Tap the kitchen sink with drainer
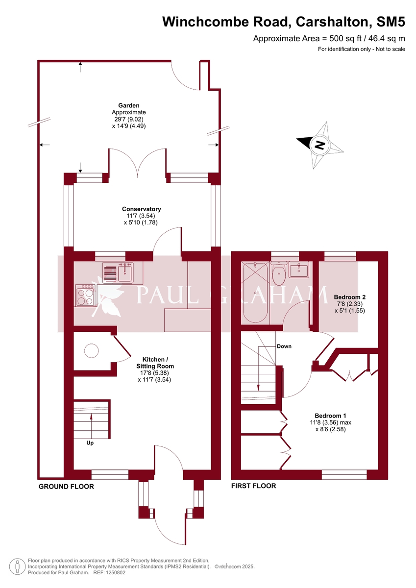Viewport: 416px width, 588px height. click(118, 272)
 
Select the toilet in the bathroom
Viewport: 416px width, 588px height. click(279, 275)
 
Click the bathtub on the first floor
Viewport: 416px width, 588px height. click(255, 293)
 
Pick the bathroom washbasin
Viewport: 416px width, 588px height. click(298, 269)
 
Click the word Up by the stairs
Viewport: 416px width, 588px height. click(90, 442)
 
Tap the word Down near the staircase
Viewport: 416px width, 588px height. click(284, 346)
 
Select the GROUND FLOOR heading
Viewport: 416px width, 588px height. click(66, 487)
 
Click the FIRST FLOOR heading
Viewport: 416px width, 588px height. click(253, 486)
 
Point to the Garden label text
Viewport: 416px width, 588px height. click(128, 105)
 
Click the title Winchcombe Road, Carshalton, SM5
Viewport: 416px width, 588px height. click(284, 22)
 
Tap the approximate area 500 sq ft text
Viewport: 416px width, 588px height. click(329, 38)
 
